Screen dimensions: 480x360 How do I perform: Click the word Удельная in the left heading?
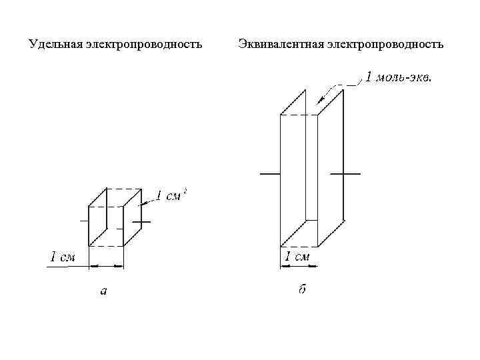coord(56,45)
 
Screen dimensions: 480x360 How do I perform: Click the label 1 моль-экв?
coord(398,78)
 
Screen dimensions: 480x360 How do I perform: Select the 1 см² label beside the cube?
coord(170,196)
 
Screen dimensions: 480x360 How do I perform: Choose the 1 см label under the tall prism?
coord(297,257)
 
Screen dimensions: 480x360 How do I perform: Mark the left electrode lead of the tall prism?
coord(269,173)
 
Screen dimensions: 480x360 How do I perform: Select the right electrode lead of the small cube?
coord(141,221)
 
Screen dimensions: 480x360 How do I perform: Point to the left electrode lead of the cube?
coord(84,221)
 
